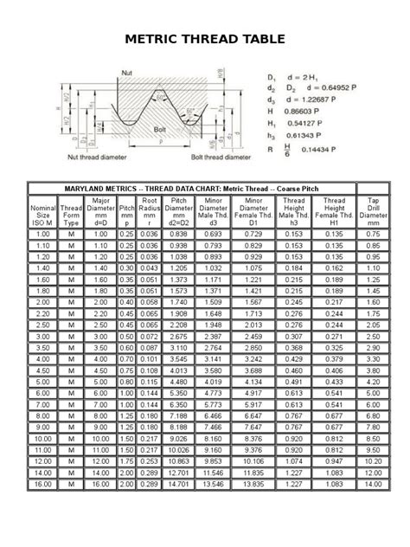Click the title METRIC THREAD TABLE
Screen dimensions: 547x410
(x=205, y=39)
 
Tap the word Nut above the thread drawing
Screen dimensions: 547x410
(x=127, y=73)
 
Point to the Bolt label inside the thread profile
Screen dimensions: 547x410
(x=160, y=129)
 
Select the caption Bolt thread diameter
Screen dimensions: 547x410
(x=219, y=158)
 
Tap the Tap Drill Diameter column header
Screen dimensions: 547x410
(x=373, y=211)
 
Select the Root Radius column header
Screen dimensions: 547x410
(x=149, y=211)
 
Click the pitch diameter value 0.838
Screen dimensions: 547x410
(x=179, y=235)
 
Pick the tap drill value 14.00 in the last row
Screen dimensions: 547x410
(x=373, y=485)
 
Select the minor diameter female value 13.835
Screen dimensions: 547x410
(x=254, y=485)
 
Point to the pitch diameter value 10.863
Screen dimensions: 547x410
(x=179, y=460)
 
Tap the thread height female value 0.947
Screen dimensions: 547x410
(x=334, y=460)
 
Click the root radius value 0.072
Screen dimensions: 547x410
(x=149, y=335)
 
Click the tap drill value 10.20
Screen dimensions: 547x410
(x=373, y=460)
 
